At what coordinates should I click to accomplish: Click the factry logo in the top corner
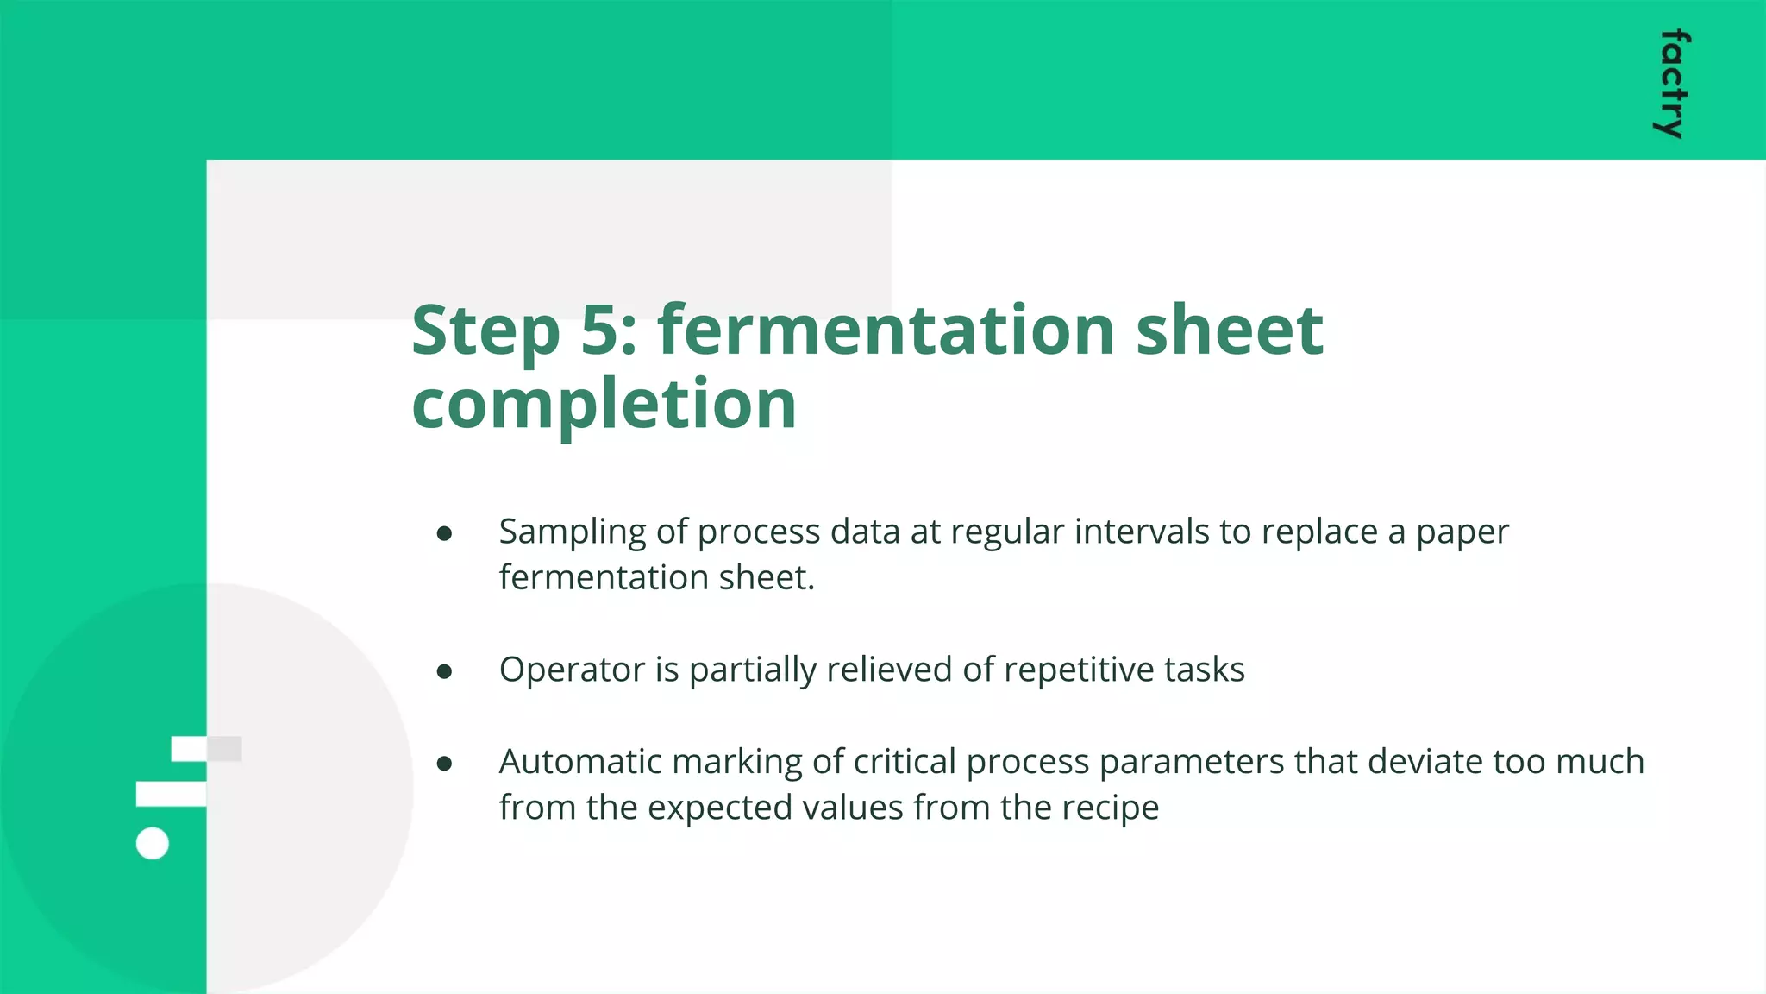1672,84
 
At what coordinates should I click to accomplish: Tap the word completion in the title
604,405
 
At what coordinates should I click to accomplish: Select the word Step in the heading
485,332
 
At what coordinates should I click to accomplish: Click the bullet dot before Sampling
444,534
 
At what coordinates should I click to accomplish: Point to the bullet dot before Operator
444,671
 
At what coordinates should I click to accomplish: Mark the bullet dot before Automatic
444,764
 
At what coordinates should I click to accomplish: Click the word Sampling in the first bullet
572,532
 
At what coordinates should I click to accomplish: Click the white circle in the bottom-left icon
153,843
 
